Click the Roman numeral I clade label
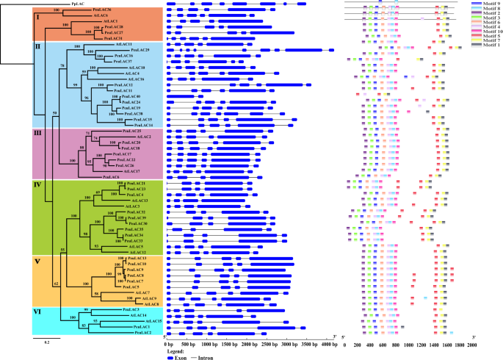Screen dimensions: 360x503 37,13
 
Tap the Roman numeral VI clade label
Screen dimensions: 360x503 38,312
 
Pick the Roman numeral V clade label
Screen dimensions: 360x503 37,259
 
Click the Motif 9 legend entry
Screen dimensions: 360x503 485,4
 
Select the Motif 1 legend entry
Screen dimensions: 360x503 485,46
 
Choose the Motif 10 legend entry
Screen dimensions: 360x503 485,32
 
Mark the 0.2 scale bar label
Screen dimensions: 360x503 46,343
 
